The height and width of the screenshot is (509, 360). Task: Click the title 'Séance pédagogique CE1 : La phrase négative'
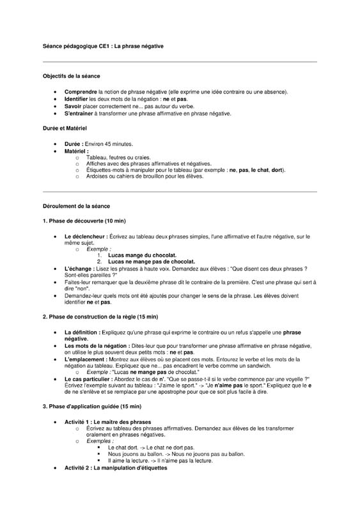(x=104, y=46)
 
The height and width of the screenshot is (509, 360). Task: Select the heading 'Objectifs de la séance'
(x=71, y=76)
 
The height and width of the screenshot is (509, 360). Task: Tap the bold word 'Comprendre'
(x=81, y=91)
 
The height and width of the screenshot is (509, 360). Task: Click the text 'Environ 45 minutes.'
(x=109, y=144)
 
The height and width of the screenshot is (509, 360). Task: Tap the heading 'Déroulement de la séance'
(x=76, y=207)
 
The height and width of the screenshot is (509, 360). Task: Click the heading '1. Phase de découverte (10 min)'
(x=84, y=221)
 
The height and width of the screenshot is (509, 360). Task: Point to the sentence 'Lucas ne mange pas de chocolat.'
(x=152, y=262)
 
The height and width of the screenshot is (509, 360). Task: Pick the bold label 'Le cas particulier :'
(x=88, y=379)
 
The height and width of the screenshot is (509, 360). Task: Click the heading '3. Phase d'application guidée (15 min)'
(x=91, y=407)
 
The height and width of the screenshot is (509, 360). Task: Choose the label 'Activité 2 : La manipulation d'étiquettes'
(x=115, y=468)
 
